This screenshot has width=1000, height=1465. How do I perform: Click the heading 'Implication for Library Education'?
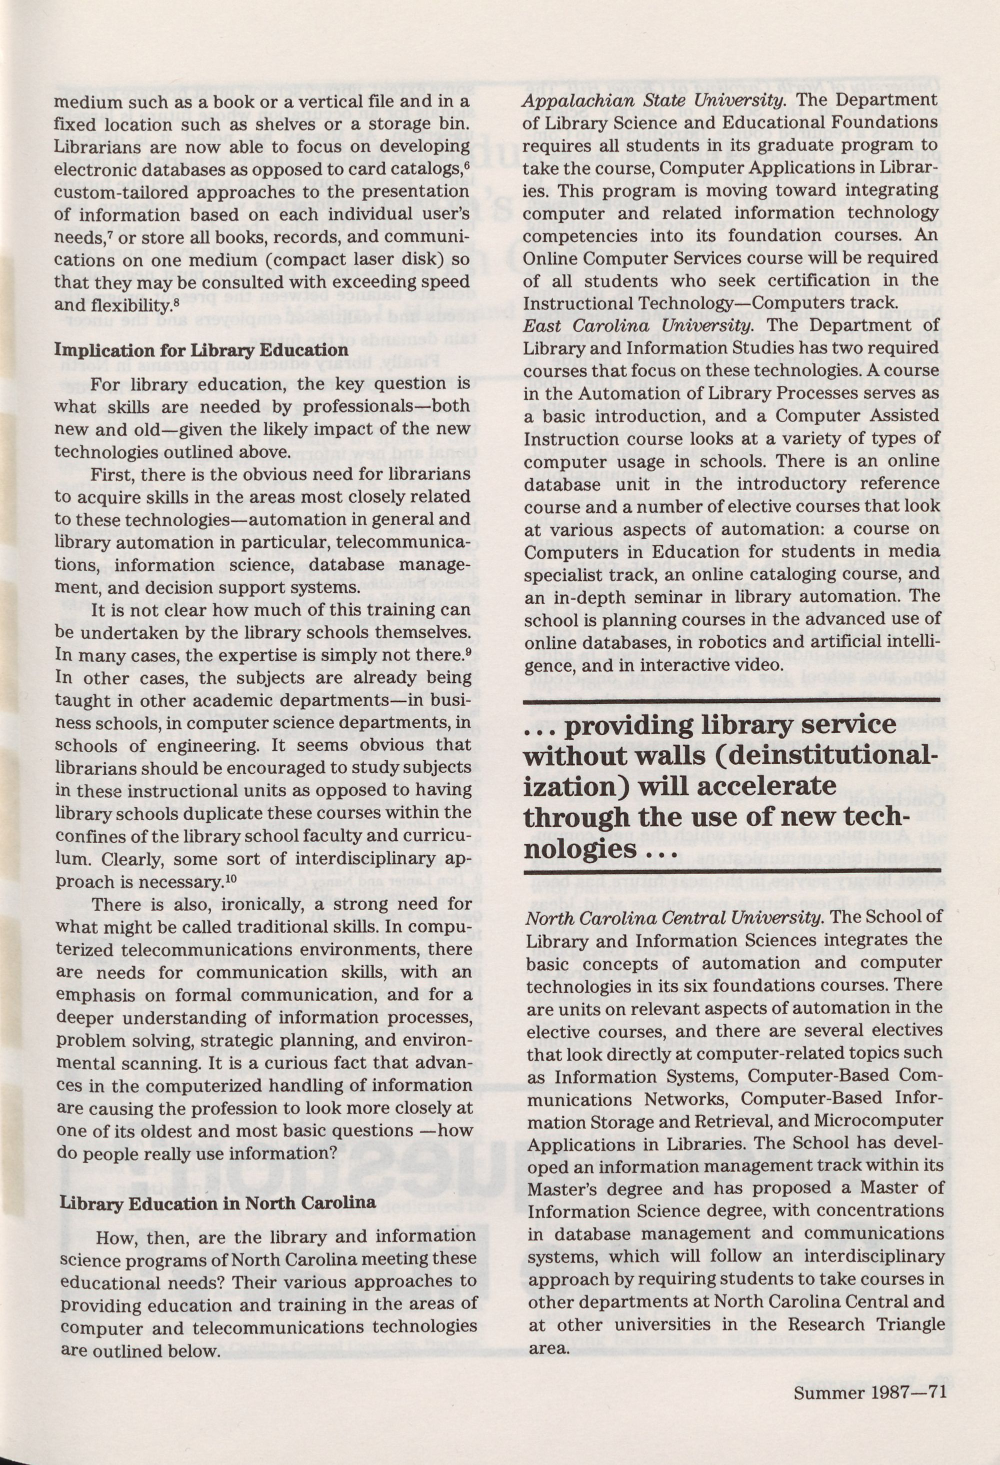200,350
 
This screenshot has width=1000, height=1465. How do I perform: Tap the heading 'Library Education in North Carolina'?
217,1202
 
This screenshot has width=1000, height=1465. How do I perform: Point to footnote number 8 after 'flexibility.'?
174,302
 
